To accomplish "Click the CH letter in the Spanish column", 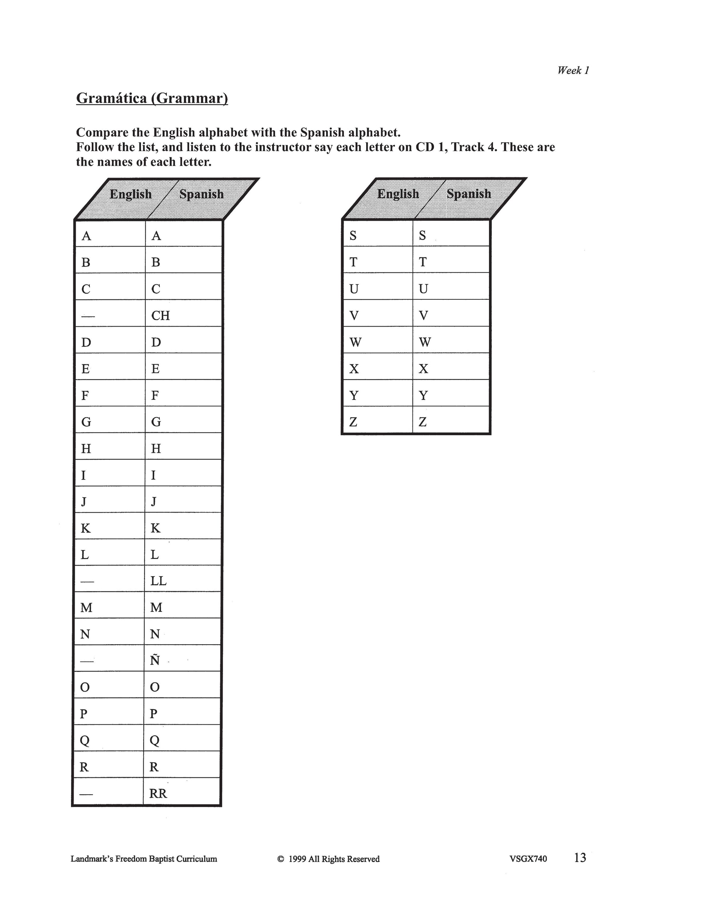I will pyautogui.click(x=160, y=315).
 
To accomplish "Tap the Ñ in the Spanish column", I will pyautogui.click(x=155, y=660).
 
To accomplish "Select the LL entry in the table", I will pyautogui.click(x=158, y=581).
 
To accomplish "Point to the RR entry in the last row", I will pyautogui.click(x=158, y=793).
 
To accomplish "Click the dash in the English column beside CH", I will pyautogui.click(x=88, y=316).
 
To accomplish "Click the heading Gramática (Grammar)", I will pyautogui.click(x=152, y=98).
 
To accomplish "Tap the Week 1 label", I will pyautogui.click(x=573, y=70).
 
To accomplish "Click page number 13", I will pyautogui.click(x=580, y=857).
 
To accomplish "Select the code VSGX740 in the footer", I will pyautogui.click(x=528, y=859).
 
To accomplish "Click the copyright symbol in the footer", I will pyautogui.click(x=281, y=859).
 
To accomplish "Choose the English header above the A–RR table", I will pyautogui.click(x=131, y=194).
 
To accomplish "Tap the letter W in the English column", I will pyautogui.click(x=355, y=342).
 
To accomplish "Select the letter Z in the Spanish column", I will pyautogui.click(x=423, y=422).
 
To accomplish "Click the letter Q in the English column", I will pyautogui.click(x=85, y=741).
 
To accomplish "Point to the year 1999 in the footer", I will pyautogui.click(x=297, y=859).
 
